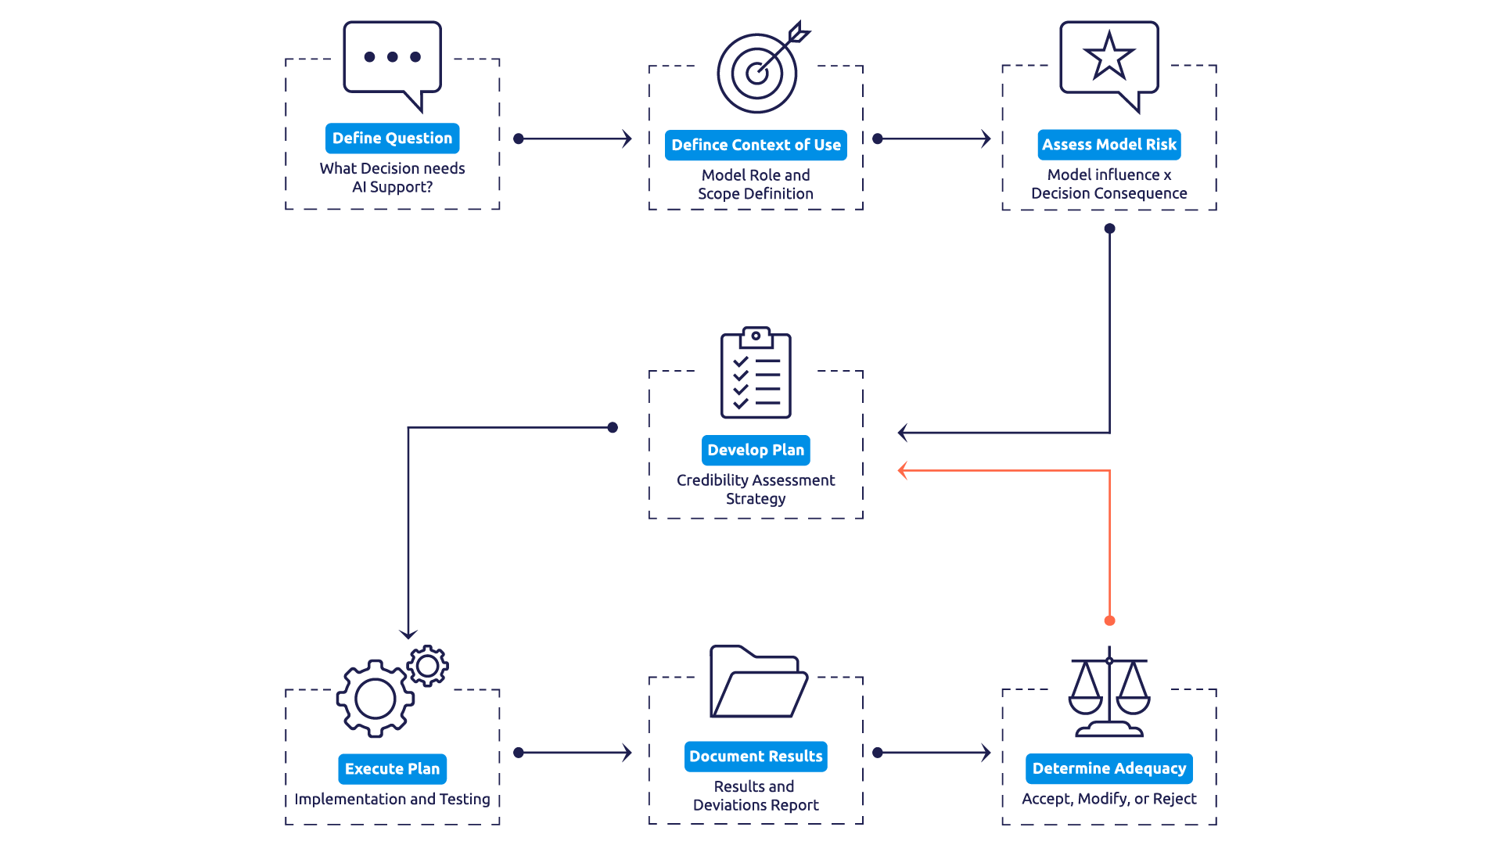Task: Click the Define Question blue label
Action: tap(392, 138)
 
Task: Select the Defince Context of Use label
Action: tap(756, 145)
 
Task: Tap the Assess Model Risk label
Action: tap(1109, 145)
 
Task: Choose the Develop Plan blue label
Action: tap(756, 450)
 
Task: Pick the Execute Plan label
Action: tap(392, 769)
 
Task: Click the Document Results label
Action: tap(756, 757)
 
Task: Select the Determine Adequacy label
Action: tap(1109, 768)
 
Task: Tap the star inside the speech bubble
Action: tap(1109, 56)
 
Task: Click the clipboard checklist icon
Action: tap(756, 372)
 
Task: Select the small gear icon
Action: tap(427, 666)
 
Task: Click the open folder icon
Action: tap(758, 681)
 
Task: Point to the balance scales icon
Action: tap(1109, 692)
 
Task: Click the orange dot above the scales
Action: tap(1109, 620)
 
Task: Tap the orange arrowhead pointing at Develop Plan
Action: tap(903, 470)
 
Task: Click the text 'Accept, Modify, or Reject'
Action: tap(1109, 799)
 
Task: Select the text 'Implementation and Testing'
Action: tap(392, 799)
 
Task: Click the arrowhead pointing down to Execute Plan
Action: tap(408, 634)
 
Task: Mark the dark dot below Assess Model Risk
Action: tap(1109, 228)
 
